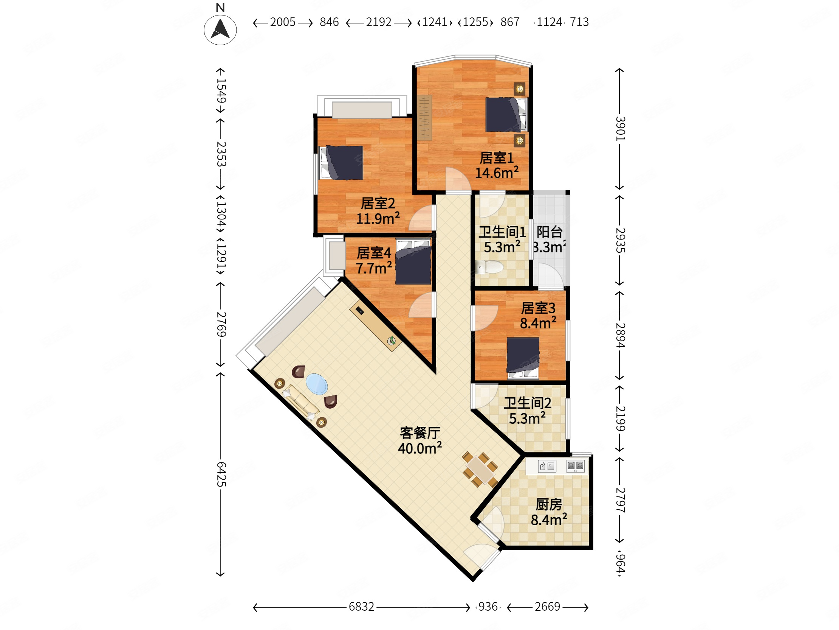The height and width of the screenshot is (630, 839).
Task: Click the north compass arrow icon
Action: pyautogui.click(x=220, y=29)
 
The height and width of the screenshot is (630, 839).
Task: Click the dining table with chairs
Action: pyautogui.click(x=480, y=470)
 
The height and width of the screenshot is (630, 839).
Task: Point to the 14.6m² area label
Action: pyautogui.click(x=497, y=173)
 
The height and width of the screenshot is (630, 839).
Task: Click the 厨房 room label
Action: pyautogui.click(x=548, y=505)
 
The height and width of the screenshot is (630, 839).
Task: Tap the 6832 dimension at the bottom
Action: pyautogui.click(x=361, y=607)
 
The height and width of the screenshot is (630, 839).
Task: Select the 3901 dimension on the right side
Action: pyautogui.click(x=619, y=129)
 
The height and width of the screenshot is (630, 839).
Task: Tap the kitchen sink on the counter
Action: pyautogui.click(x=547, y=466)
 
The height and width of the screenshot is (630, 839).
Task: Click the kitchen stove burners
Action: pyautogui.click(x=575, y=466)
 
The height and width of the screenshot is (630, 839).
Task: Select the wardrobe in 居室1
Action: pyautogui.click(x=424, y=118)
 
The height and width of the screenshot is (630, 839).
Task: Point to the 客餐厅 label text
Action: pyautogui.click(x=420, y=432)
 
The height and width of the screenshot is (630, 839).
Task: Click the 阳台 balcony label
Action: pyautogui.click(x=549, y=232)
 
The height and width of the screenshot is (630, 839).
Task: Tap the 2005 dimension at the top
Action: pyautogui.click(x=283, y=22)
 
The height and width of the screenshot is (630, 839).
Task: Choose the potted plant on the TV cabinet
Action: pyautogui.click(x=392, y=341)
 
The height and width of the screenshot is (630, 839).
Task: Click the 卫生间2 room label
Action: pyautogui.click(x=527, y=403)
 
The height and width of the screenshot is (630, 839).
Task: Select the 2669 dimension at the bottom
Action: pyautogui.click(x=547, y=607)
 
